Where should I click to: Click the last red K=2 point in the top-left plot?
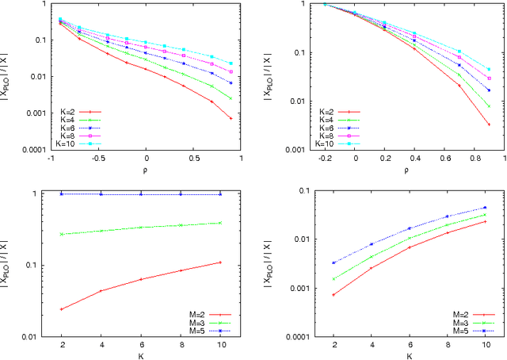(231, 118)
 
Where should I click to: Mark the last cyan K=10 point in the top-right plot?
(489, 69)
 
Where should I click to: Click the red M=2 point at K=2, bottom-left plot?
(62, 308)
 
